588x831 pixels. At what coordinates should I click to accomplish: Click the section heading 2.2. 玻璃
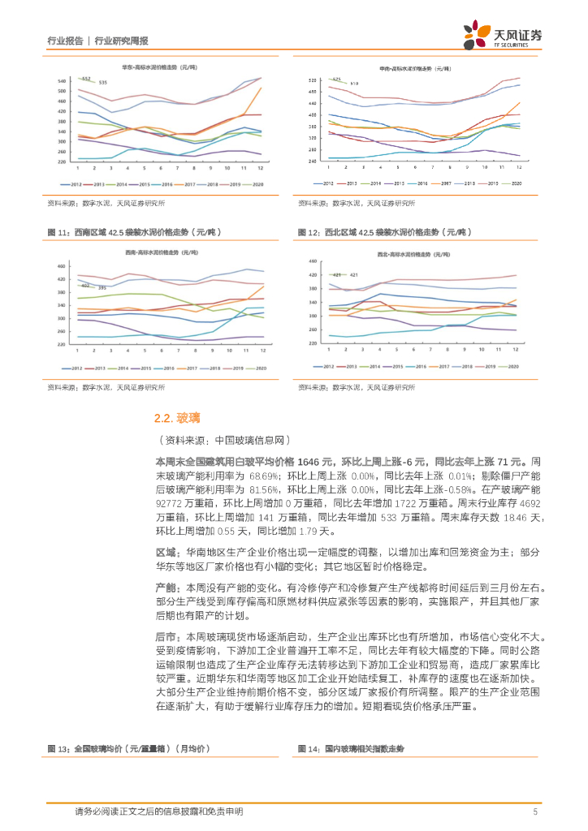tap(176, 419)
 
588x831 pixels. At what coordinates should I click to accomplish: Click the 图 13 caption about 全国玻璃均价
tap(128, 748)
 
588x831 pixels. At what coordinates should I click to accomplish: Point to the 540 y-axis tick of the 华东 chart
tap(62, 81)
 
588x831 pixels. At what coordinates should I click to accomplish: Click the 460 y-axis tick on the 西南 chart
tap(62, 266)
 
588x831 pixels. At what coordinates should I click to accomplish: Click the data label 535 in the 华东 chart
tap(102, 83)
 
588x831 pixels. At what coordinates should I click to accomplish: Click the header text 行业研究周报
tap(121, 41)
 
